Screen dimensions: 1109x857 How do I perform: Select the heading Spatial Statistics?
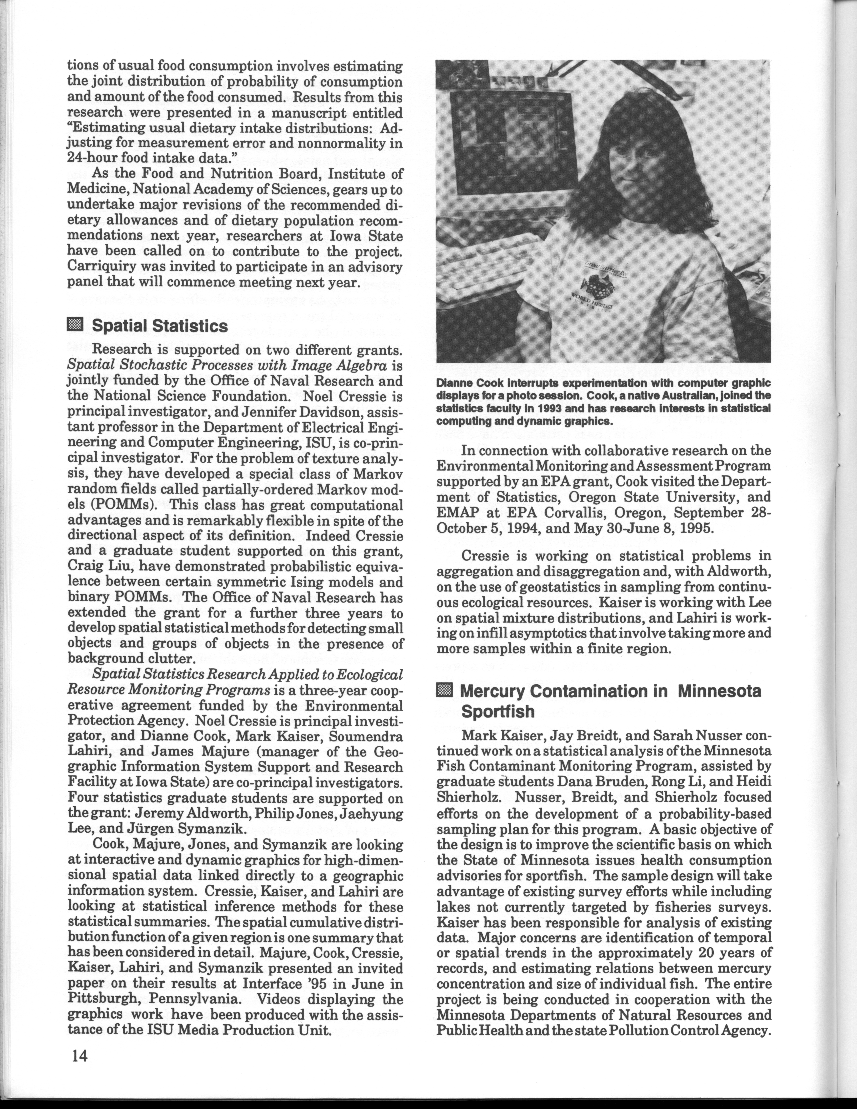159,325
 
